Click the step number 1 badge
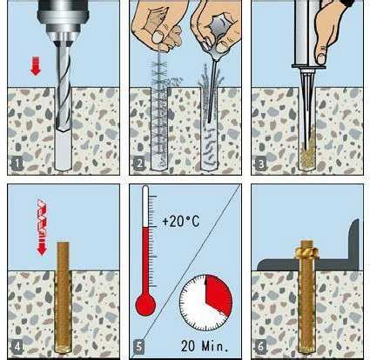(x=17, y=164)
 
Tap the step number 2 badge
(x=139, y=164)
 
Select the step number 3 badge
(x=261, y=164)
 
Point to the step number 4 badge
(x=17, y=346)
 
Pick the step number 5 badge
(x=139, y=346)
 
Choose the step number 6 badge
(x=260, y=346)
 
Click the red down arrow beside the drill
(x=36, y=66)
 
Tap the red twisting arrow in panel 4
(x=42, y=227)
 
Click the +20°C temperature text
(x=181, y=222)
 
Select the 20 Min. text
(x=205, y=345)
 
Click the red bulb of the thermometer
(x=145, y=304)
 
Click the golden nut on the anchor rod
(x=306, y=253)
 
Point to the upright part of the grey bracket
(x=355, y=241)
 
